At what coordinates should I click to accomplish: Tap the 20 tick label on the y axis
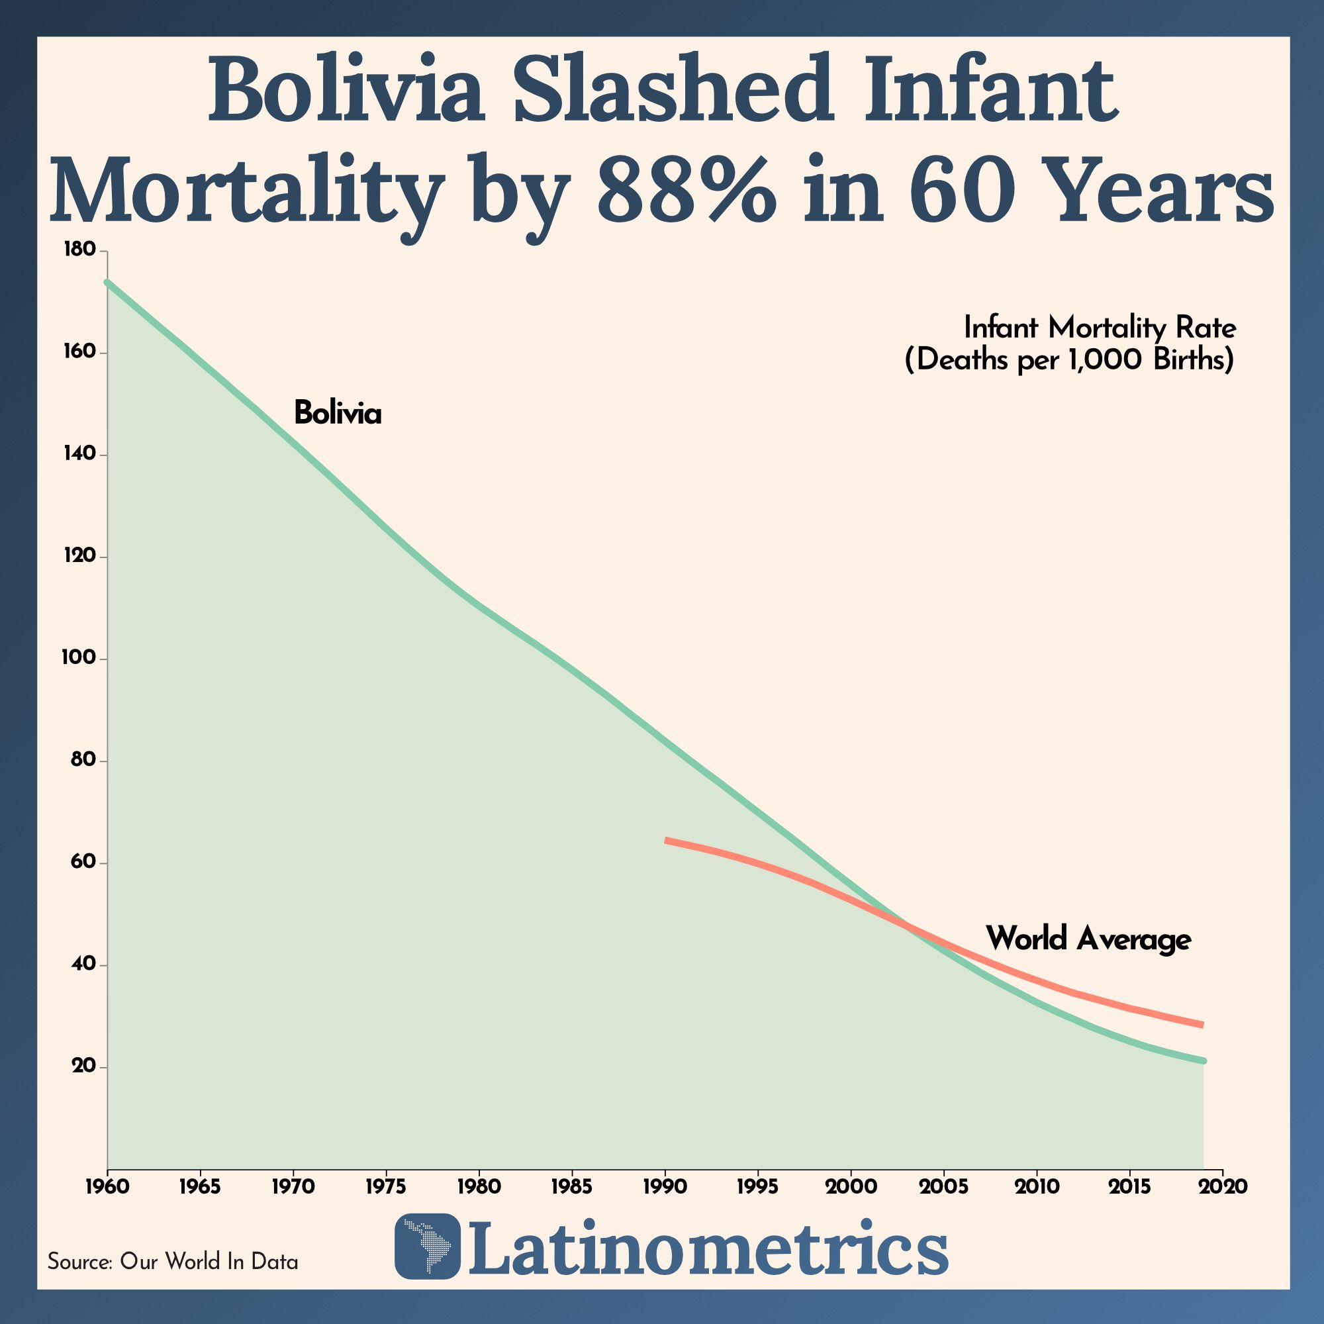[82, 1068]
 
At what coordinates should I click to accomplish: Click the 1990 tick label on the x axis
[665, 1186]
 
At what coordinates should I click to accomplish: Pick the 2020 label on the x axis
[1223, 1186]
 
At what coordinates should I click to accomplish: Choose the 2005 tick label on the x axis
[943, 1186]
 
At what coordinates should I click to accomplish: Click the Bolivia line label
[337, 413]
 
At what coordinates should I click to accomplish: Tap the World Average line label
[1088, 939]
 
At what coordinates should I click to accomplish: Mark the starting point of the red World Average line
[666, 839]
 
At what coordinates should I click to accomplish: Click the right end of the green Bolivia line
[1204, 1061]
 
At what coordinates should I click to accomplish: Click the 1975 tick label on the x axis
[386, 1186]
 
